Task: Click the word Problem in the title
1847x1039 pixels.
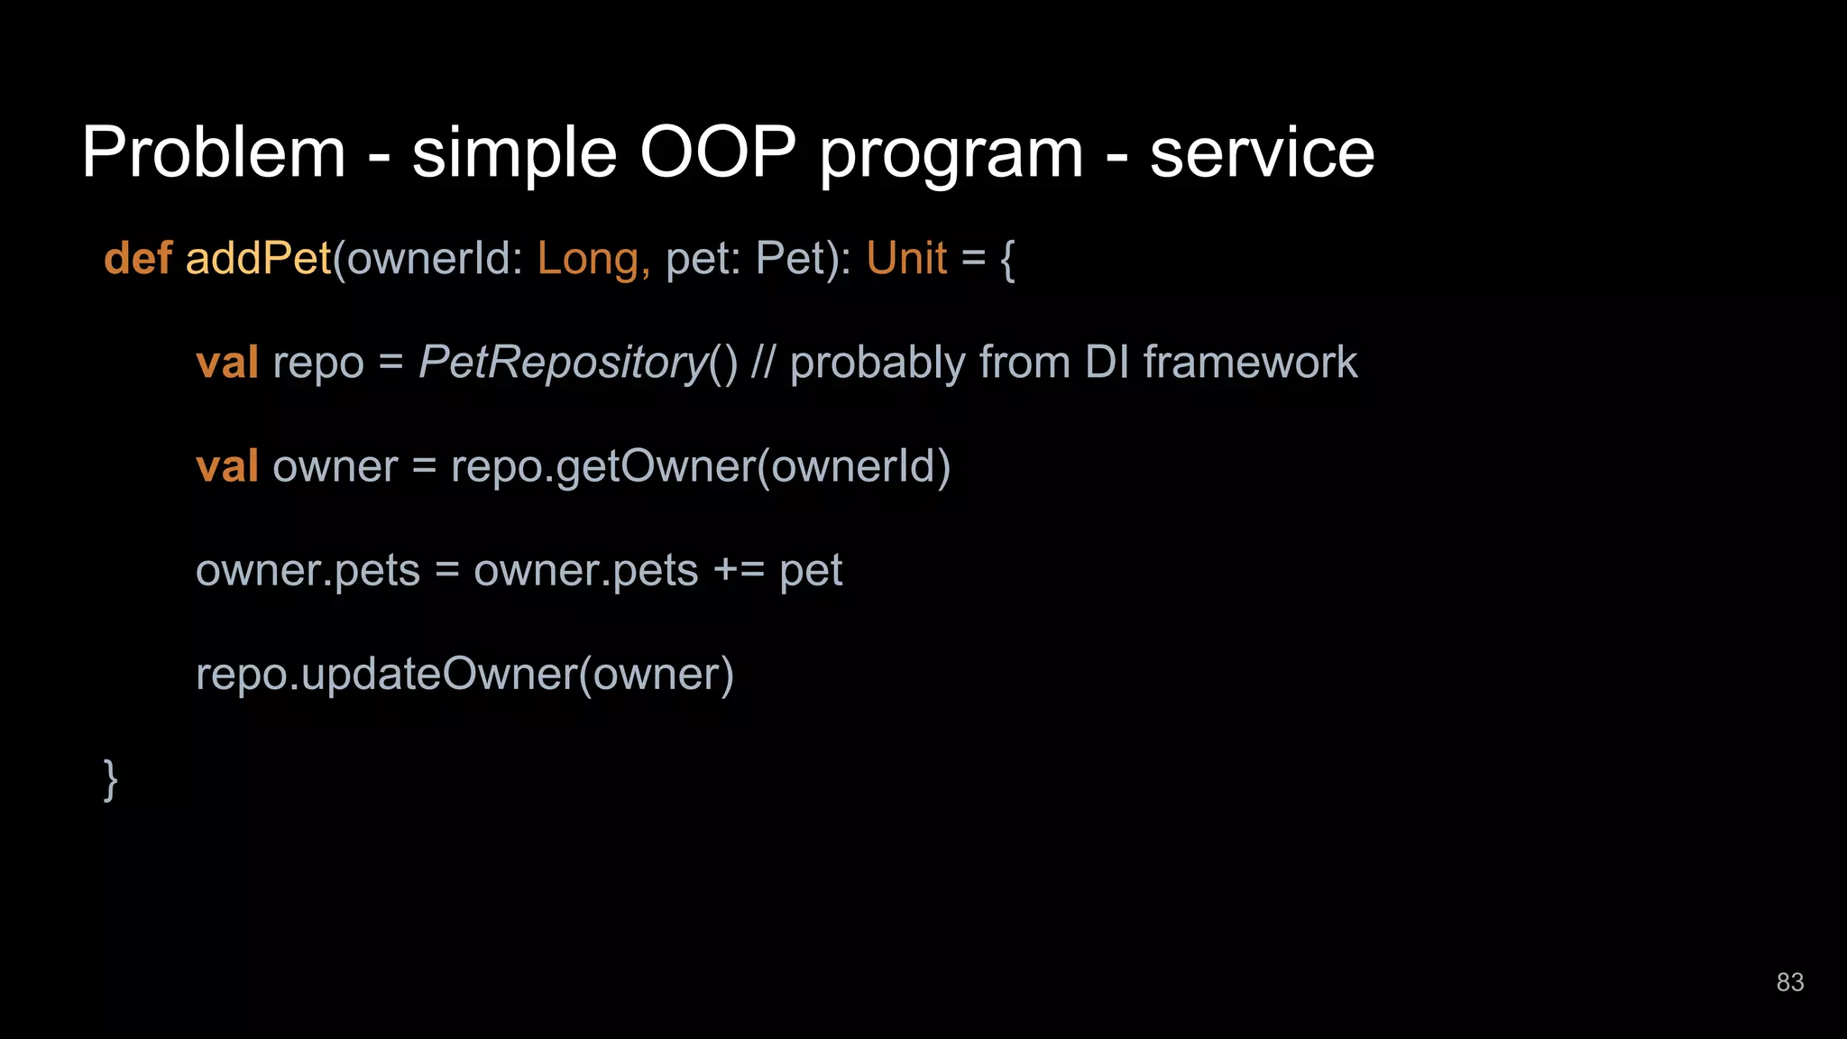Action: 214,152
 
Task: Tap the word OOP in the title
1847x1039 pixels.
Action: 718,152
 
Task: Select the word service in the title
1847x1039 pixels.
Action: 1262,152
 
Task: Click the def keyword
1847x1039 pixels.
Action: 138,259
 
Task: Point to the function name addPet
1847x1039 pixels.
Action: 259,259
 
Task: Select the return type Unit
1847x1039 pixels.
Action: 906,259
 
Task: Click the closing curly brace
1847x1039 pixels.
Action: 110,779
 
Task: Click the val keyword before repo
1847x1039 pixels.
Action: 227,363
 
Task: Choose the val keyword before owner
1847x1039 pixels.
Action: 227,466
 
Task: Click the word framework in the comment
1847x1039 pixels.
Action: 1250,363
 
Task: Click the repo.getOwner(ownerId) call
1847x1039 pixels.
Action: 701,467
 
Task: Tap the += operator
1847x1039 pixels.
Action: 739,571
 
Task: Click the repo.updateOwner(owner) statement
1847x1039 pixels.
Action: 464,675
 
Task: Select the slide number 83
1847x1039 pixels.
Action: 1789,982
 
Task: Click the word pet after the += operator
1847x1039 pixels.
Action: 811,571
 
